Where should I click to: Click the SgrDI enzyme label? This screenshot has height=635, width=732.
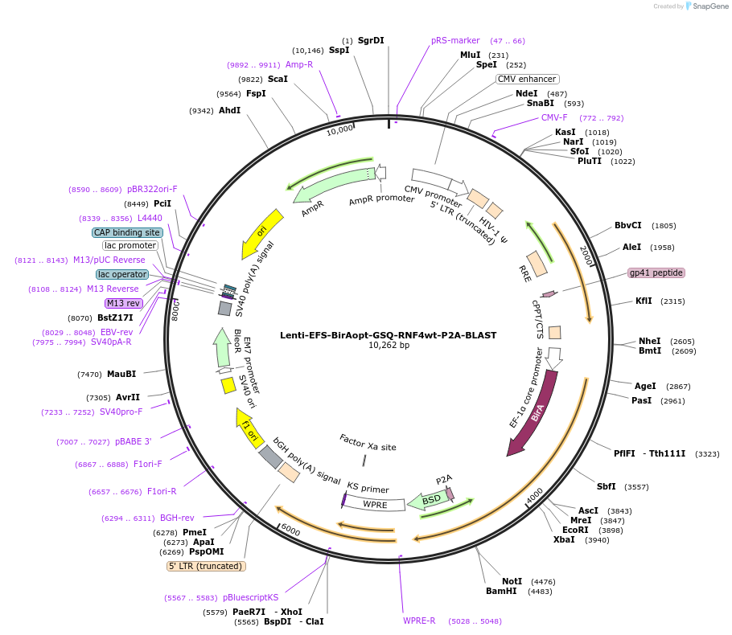(371, 40)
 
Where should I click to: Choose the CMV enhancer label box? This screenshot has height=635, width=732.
(527, 79)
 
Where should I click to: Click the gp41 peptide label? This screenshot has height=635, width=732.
(656, 272)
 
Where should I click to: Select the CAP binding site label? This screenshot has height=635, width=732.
(127, 232)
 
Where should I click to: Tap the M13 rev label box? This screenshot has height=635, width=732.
(123, 303)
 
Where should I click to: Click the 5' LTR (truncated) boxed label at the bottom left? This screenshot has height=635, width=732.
(205, 566)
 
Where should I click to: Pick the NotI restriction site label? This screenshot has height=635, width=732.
(512, 581)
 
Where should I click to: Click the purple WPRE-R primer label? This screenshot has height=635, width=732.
(419, 621)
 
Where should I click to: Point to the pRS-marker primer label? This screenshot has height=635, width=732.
(455, 40)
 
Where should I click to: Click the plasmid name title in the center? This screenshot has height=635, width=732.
(389, 335)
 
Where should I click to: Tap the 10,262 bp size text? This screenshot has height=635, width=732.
(389, 346)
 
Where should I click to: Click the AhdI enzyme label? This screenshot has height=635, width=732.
(229, 110)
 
